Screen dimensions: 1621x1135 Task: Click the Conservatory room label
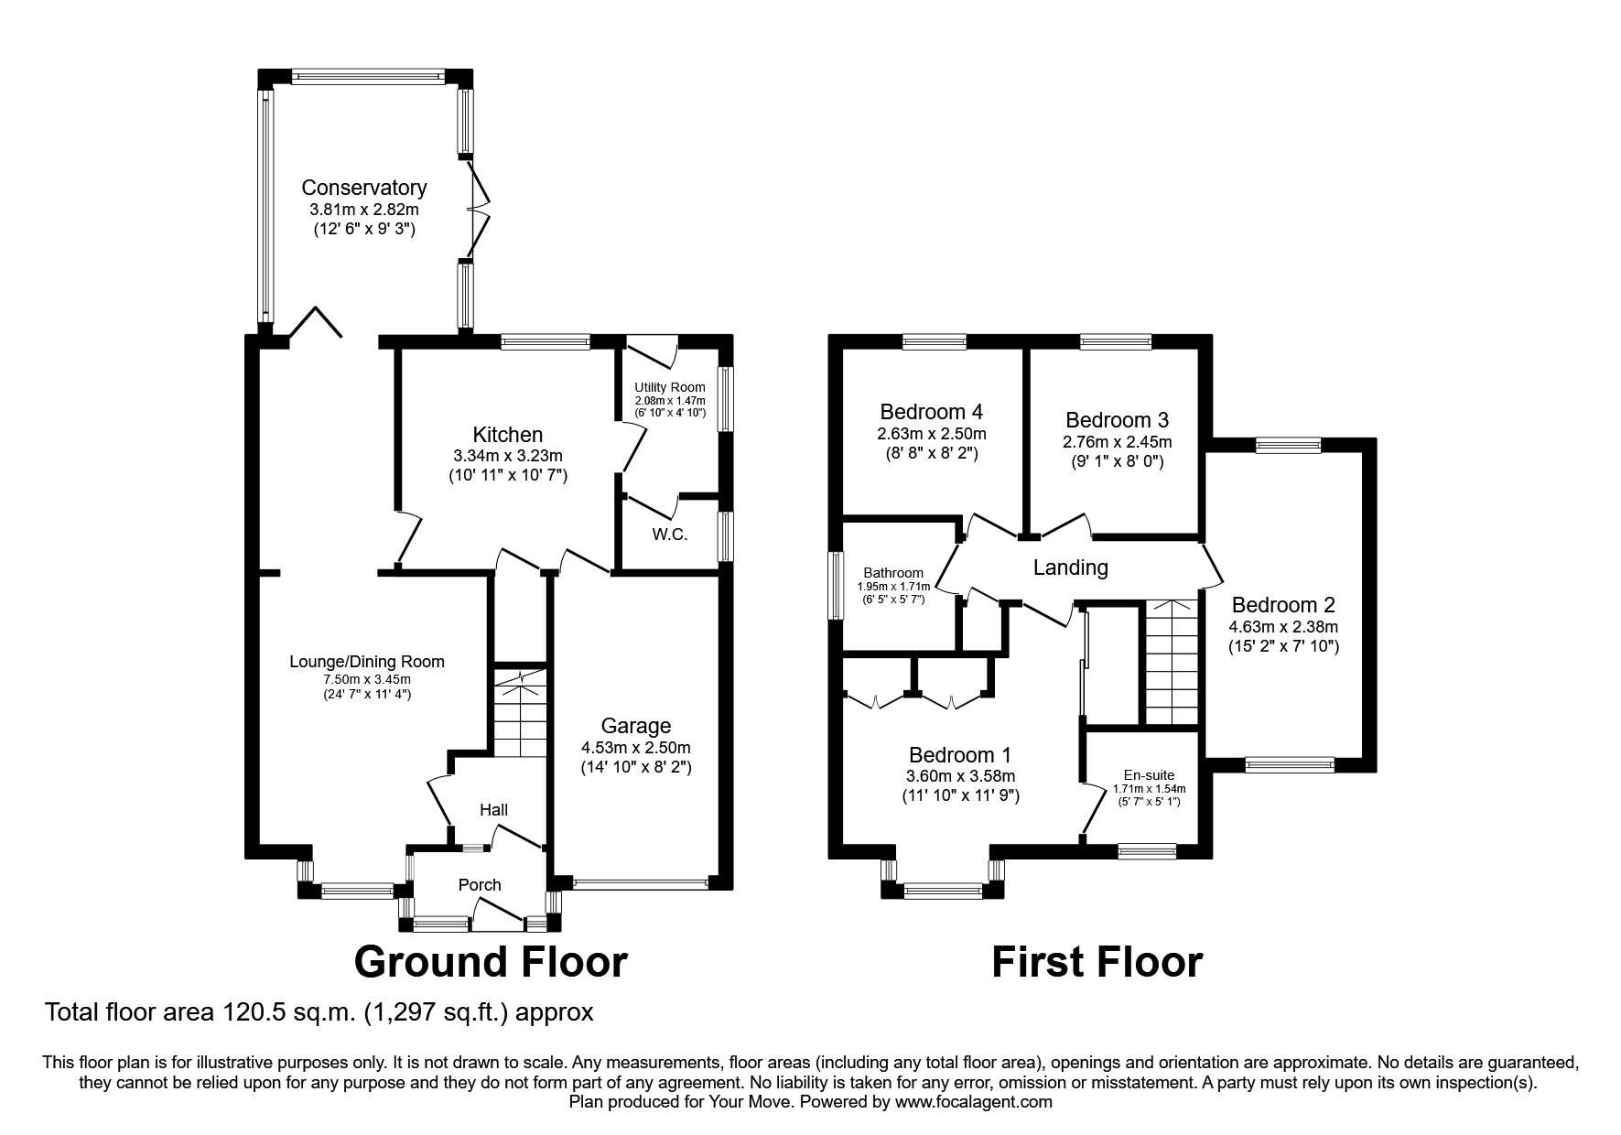[364, 188]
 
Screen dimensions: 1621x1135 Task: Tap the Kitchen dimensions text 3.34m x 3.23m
[507, 456]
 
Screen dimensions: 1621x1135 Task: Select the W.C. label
[670, 535]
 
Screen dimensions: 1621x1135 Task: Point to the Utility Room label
[670, 387]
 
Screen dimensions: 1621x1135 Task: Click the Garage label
[635, 726]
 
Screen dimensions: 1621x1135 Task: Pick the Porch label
[480, 885]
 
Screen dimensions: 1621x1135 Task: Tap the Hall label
[494, 810]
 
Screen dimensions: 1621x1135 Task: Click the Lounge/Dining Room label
[367, 662]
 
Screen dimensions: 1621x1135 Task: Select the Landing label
[1070, 567]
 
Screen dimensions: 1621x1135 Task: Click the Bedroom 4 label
[931, 412]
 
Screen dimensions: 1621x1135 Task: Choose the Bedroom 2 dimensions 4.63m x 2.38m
[1283, 627]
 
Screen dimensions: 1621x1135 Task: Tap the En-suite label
[1150, 775]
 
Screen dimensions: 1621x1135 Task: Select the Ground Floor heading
[491, 962]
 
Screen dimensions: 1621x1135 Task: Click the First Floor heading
[1097, 962]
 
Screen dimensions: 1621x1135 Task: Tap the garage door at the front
[641, 884]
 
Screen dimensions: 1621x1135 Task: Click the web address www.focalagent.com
[974, 1102]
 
